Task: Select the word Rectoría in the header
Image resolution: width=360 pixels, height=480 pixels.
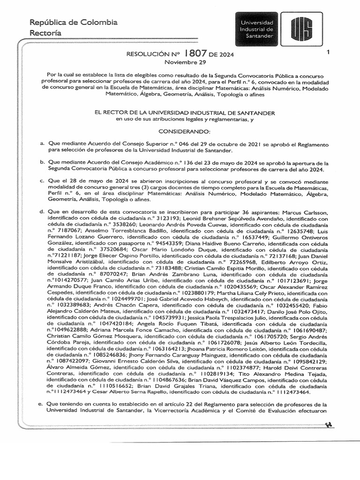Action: pyautogui.click(x=45, y=33)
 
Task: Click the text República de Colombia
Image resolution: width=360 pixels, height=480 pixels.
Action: pyautogui.click(x=73, y=22)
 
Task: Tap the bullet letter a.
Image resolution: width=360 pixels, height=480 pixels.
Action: pyautogui.click(x=42, y=143)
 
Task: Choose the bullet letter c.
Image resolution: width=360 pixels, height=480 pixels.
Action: pyautogui.click(x=42, y=181)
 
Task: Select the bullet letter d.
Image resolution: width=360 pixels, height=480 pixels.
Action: pyautogui.click(x=42, y=212)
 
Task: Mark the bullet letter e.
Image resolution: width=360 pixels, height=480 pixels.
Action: pyautogui.click(x=42, y=404)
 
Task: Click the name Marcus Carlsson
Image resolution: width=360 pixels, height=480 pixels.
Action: pyautogui.click(x=306, y=212)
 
